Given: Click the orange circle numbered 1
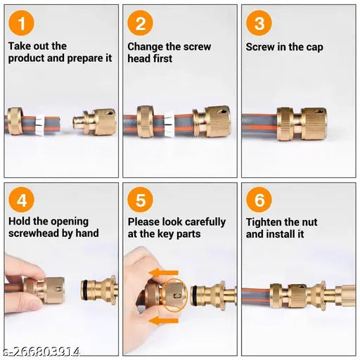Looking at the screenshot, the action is (21, 23).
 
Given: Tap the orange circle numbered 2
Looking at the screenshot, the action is (140, 23).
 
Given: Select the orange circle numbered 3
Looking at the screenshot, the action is (259, 23).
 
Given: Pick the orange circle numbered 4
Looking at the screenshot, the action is (21, 200).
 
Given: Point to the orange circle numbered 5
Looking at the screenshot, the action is (140, 200).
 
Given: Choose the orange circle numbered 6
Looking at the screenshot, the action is (259, 200).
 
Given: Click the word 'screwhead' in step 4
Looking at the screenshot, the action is (34, 233).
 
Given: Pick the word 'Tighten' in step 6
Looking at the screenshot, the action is (262, 222).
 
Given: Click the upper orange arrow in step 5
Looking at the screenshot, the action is (163, 273).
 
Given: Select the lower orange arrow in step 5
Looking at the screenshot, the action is (163, 321).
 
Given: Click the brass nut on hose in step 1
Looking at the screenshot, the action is (15, 121).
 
